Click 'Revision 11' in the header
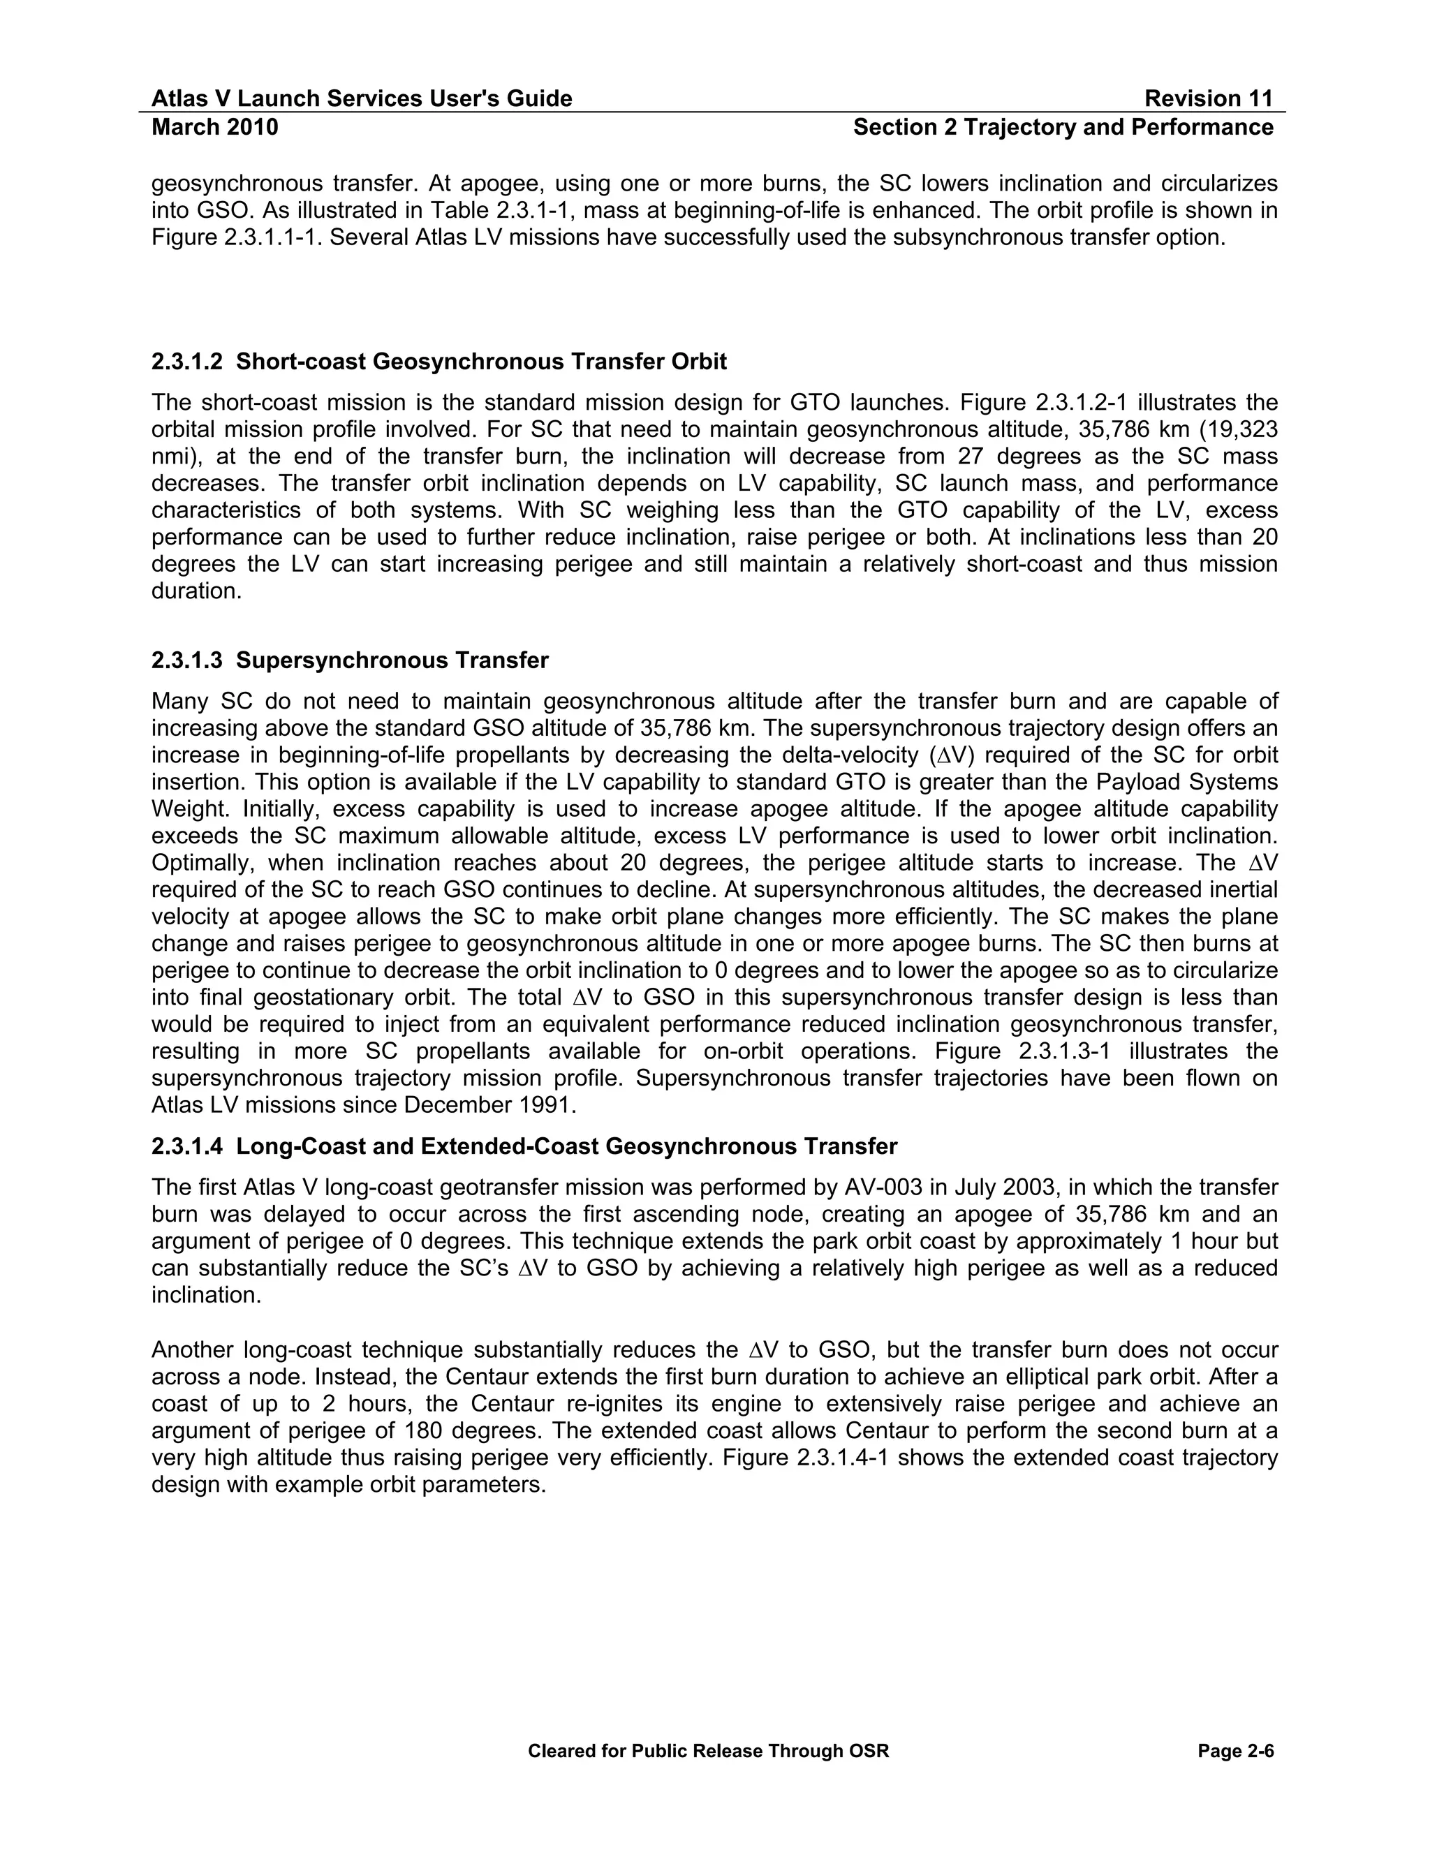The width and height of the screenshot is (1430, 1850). (1208, 99)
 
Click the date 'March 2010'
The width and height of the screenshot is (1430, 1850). (215, 127)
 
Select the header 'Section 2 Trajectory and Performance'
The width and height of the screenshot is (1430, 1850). (1063, 127)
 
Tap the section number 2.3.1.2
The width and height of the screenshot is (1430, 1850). (186, 362)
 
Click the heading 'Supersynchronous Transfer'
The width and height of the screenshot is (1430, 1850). (392, 660)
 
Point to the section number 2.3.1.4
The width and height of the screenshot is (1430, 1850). (186, 1146)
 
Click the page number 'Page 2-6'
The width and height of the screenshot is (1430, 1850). (1236, 1751)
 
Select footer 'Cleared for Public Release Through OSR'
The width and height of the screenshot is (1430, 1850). (708, 1751)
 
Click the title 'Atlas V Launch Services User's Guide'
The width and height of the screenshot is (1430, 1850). (362, 99)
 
